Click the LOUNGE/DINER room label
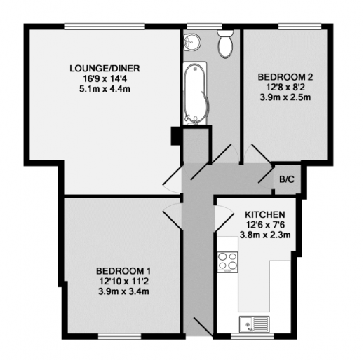[105, 68]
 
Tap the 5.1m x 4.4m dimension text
[105, 89]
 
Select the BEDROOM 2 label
[285, 76]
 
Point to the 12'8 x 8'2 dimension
[285, 87]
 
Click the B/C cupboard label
[286, 180]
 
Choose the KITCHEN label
[264, 214]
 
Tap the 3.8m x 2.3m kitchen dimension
[264, 235]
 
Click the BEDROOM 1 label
[124, 271]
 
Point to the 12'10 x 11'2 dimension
[124, 282]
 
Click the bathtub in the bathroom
[195, 93]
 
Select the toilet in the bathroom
[226, 44]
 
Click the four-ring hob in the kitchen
[228, 262]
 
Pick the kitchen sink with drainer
[253, 323]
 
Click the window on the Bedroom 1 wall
[117, 336]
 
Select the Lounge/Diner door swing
[173, 180]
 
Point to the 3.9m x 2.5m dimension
[285, 97]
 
